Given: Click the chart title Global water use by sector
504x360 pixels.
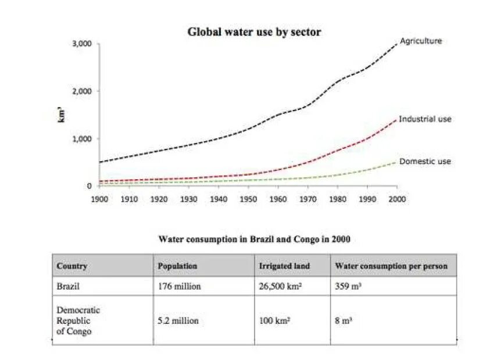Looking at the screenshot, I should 253,32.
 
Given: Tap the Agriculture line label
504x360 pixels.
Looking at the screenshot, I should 421,41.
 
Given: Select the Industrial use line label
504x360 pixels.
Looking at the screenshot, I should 425,119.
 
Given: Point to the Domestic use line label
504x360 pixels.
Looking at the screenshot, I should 425,161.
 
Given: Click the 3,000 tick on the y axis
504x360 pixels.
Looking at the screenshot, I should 82,44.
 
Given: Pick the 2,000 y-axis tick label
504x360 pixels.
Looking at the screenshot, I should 82,92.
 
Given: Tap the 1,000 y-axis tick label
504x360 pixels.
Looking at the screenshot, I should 82,139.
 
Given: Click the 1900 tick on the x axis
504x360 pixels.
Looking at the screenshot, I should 99,199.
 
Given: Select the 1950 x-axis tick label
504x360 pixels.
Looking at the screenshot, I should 248,199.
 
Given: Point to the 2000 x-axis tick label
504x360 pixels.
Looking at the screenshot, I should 396,199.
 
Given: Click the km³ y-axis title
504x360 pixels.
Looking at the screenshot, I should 61,115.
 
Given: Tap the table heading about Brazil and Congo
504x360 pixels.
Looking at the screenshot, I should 254,239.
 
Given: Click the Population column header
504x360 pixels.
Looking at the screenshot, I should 177,266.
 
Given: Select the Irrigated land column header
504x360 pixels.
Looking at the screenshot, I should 284,266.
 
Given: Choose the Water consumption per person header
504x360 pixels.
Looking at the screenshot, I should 391,266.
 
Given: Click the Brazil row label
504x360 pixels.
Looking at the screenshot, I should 68,286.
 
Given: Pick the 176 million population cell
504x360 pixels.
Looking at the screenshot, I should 179,286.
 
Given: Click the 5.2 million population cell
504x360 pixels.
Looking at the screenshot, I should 178,320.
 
